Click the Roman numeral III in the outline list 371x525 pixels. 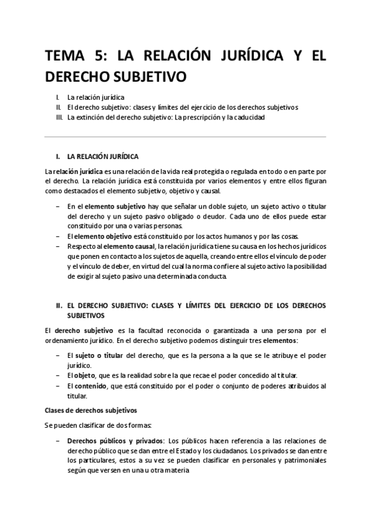(x=59, y=117)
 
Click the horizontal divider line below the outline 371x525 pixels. (x=185, y=137)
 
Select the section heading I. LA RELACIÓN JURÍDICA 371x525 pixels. (x=97, y=156)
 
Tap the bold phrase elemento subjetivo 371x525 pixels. (x=115, y=206)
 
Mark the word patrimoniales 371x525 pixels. (x=305, y=461)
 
